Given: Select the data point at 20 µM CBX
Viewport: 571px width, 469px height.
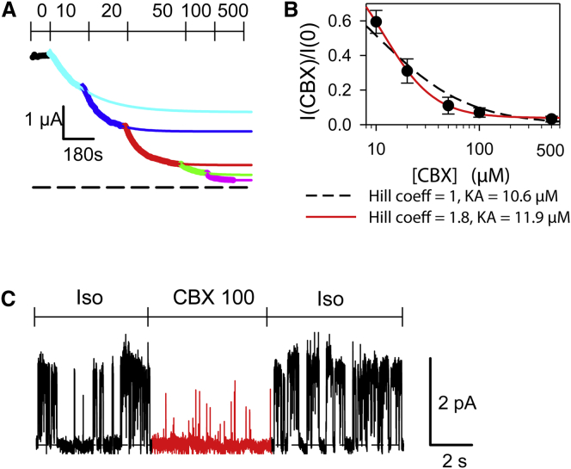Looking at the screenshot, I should point(408,71).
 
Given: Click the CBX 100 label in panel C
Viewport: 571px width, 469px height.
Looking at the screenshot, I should point(207,300).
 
